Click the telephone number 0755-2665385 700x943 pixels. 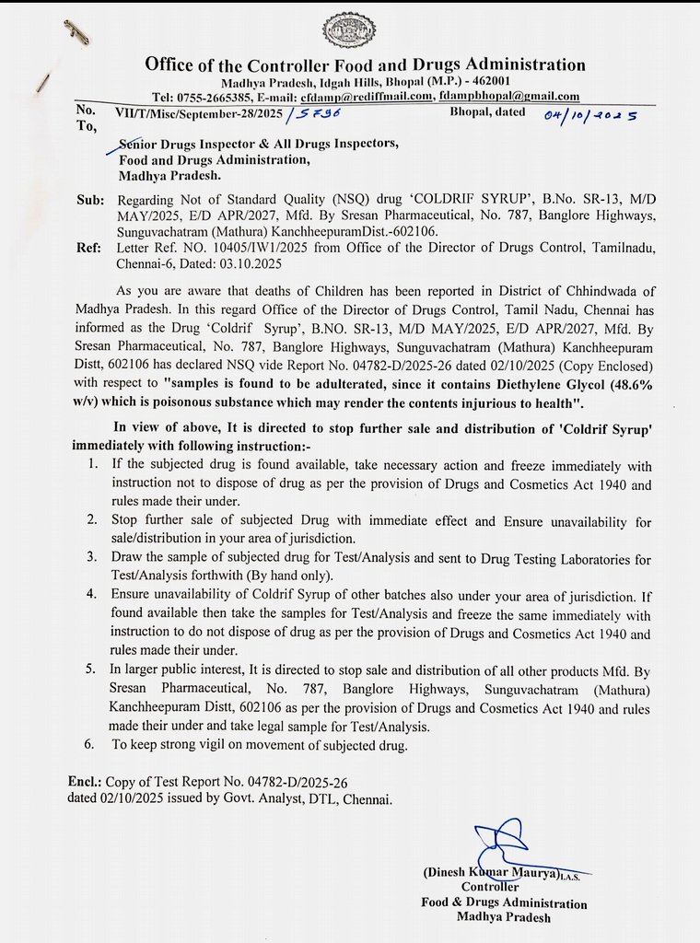(217, 97)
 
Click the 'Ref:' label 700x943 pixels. (89, 248)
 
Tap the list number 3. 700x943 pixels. (94, 558)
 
